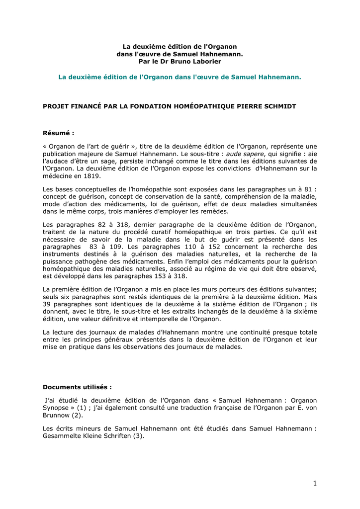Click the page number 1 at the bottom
(x=315, y=483)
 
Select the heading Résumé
(x=58, y=133)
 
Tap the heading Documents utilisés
(x=77, y=387)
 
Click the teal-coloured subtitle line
(x=180, y=77)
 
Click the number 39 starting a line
(x=47, y=304)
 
